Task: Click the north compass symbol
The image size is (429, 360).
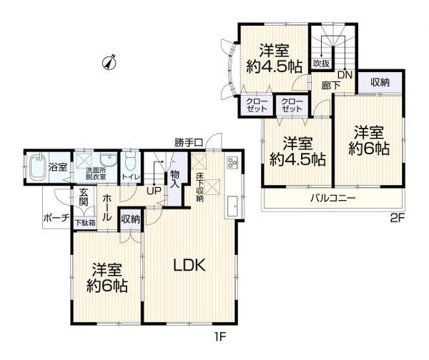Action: point(109,61)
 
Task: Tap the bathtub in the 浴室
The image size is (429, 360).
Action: point(36,167)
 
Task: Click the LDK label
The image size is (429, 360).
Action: point(189,265)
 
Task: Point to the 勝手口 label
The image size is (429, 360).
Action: point(189,142)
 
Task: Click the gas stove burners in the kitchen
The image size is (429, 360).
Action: point(232,163)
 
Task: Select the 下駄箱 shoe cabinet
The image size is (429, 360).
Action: point(85,223)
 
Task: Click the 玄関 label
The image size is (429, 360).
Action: point(84,197)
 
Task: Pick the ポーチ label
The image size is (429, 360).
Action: point(56,218)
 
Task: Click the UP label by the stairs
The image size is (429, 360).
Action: point(154,191)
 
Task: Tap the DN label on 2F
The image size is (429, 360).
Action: point(345,74)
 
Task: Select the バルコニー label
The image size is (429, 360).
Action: point(332,197)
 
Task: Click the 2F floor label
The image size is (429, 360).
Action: point(398,218)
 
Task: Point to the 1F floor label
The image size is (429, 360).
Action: point(220,337)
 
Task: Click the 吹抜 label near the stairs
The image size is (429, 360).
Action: point(322,64)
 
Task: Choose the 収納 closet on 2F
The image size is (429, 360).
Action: point(380,82)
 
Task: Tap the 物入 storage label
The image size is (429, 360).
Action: point(174,179)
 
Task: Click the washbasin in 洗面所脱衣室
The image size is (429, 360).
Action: point(109,159)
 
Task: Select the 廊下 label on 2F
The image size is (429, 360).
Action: point(331,86)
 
